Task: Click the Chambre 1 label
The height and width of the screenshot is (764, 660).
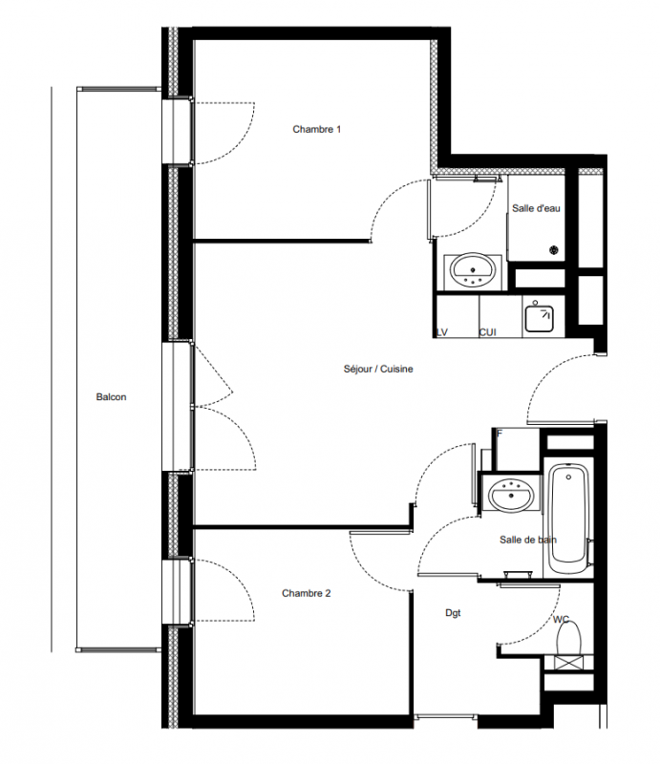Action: pos(316,129)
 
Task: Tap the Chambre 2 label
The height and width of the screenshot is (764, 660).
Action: pos(306,593)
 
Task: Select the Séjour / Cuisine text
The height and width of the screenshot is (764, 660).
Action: pos(378,369)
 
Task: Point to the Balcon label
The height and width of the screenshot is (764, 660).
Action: pos(111,396)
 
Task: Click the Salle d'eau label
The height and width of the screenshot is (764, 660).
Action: pos(536,208)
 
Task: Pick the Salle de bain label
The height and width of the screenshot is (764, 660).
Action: pos(528,540)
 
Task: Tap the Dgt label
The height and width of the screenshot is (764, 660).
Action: pos(453,613)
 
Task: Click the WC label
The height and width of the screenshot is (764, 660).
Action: pos(561,619)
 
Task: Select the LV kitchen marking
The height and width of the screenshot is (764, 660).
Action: pos(441,332)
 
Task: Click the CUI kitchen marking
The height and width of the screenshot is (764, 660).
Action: pos(487,332)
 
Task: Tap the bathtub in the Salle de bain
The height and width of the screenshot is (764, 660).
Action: pos(568,520)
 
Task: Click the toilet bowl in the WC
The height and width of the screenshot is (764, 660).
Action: pos(569,637)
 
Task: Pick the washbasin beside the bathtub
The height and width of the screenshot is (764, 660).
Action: pos(511,495)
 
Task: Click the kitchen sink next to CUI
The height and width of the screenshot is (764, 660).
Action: pos(539,318)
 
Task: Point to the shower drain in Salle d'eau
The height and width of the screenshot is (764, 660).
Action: pos(554,250)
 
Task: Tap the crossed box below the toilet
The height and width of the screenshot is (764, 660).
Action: pos(569,663)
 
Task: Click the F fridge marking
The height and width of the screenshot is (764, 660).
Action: pos(500,434)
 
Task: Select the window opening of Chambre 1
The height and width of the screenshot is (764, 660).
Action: pos(177,132)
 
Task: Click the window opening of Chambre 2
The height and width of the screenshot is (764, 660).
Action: pos(177,591)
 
